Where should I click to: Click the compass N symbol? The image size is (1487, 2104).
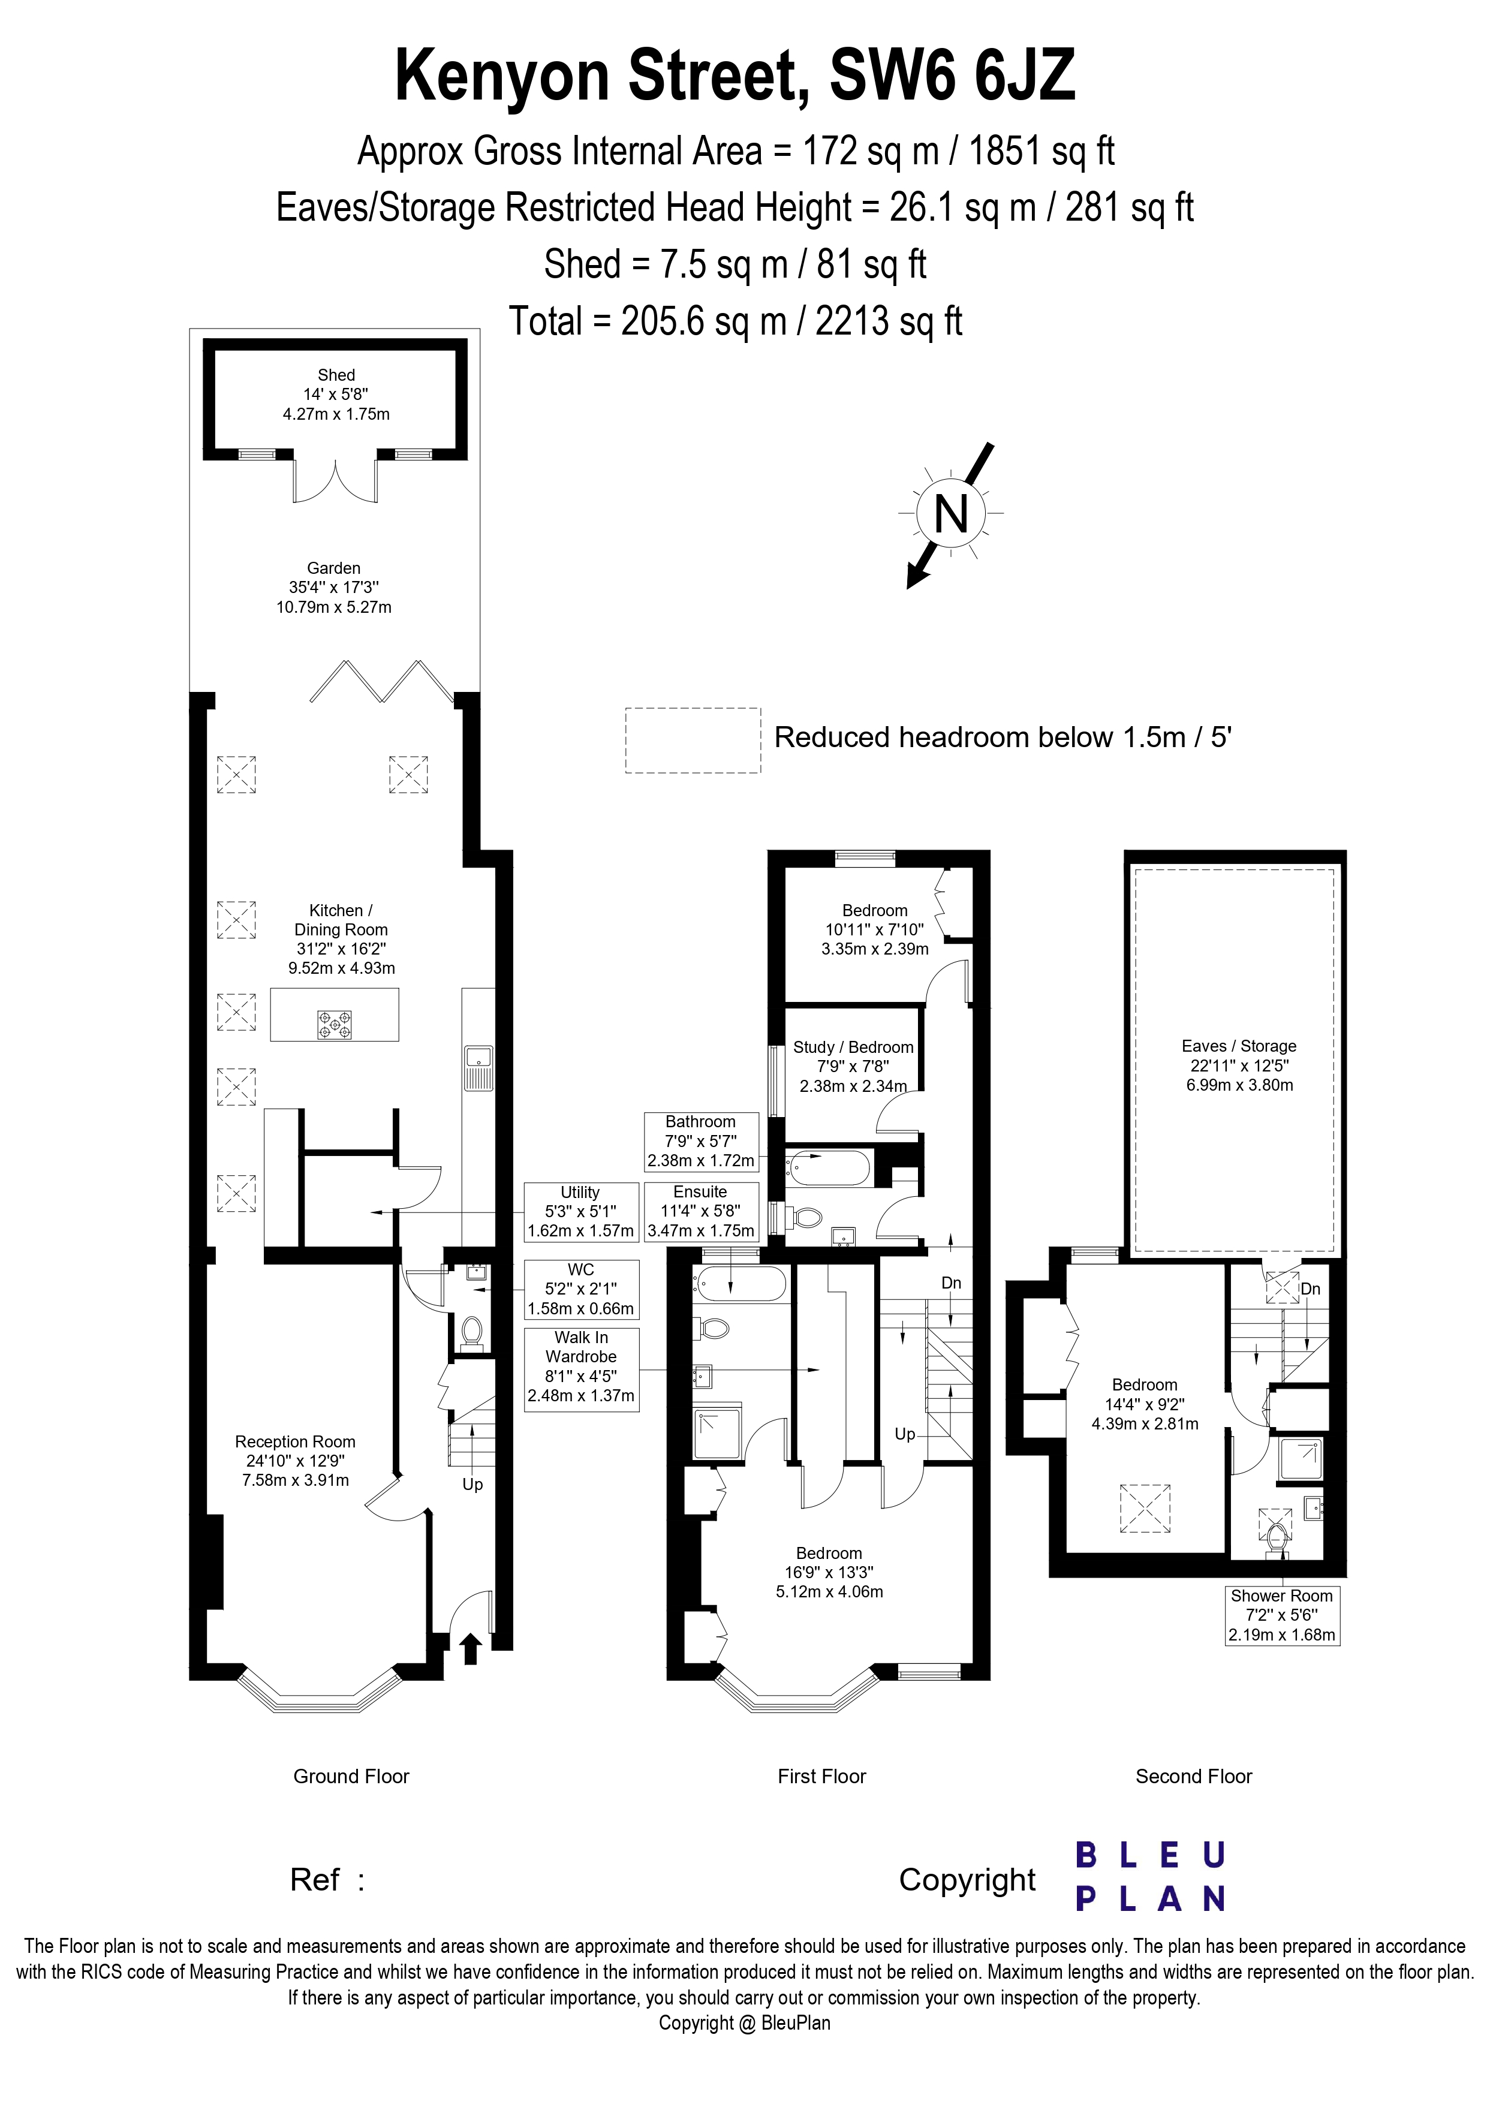[x=950, y=513]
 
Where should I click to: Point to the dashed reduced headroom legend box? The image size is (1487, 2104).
[x=693, y=739]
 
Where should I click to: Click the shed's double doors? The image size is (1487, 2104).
[x=335, y=481]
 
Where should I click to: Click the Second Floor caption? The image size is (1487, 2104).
[x=1193, y=1776]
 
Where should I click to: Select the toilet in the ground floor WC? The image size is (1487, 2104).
[x=472, y=1330]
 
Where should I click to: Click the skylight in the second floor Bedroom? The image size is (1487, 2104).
[x=1145, y=1507]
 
